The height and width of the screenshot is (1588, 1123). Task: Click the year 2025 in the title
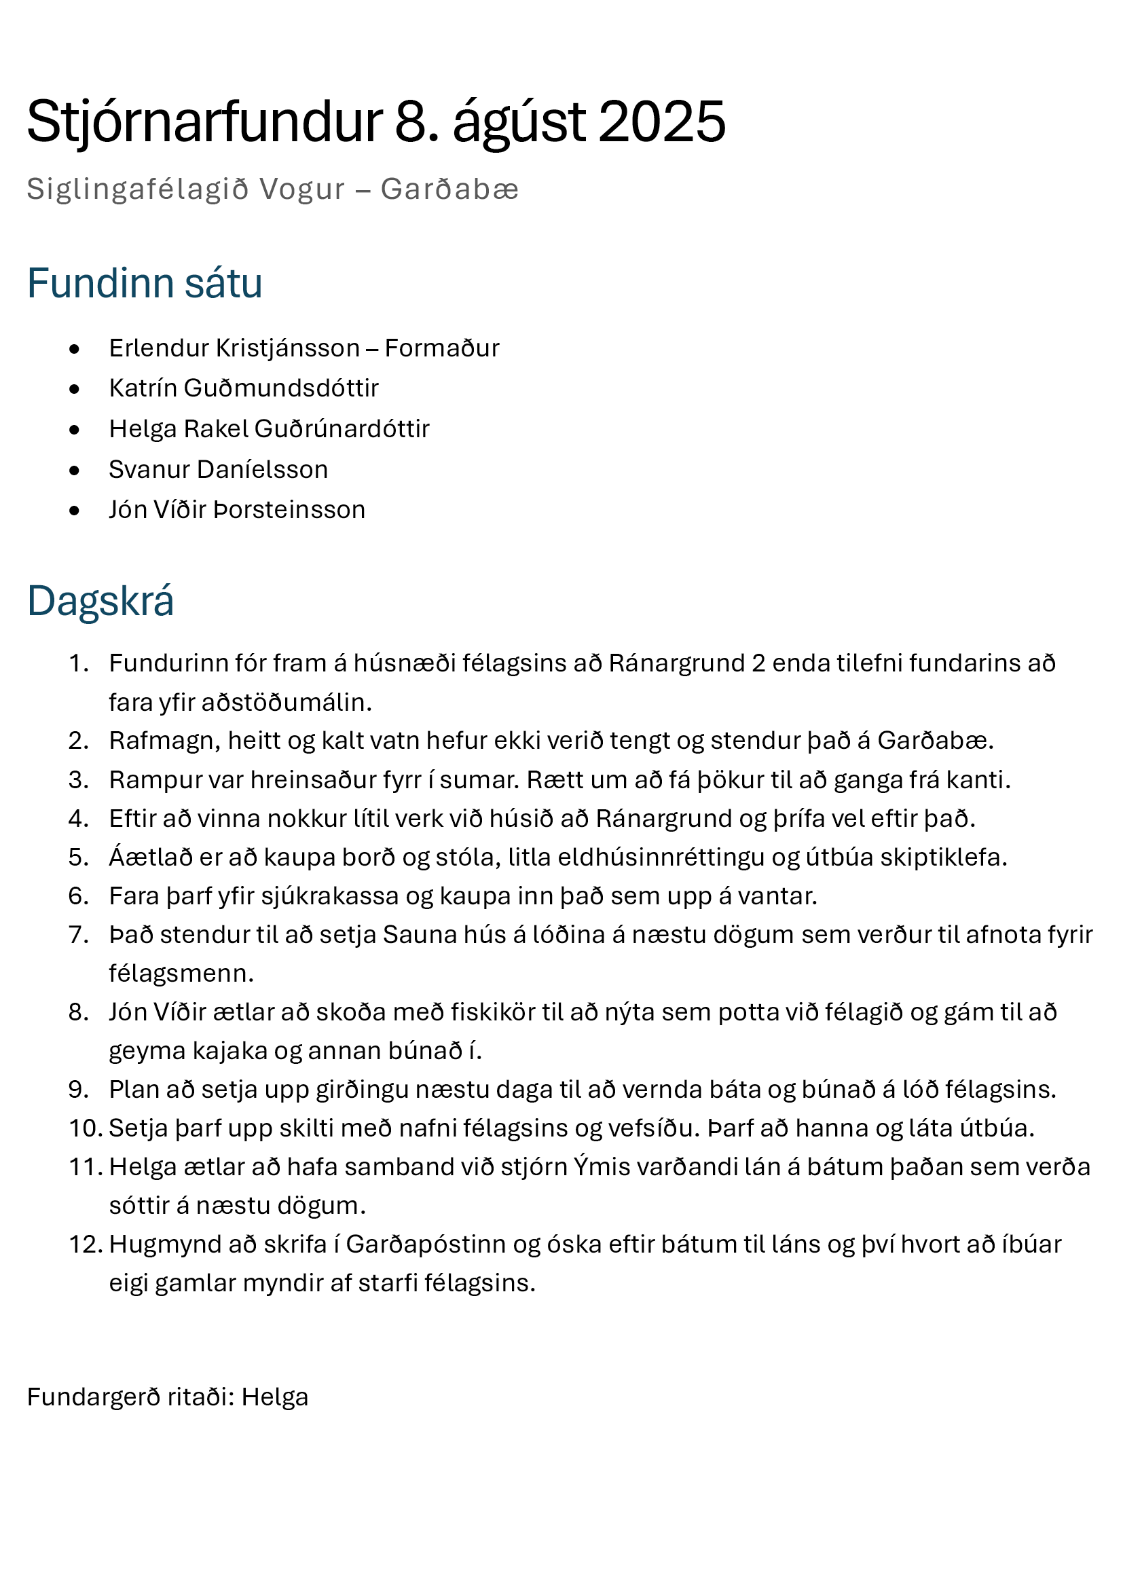pos(662,122)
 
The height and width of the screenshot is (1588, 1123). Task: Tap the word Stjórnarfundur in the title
pos(204,122)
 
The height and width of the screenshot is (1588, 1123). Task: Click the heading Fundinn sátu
pos(145,283)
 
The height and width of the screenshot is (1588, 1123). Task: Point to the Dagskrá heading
pos(100,600)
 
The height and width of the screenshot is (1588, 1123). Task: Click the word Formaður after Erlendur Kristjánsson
pos(442,348)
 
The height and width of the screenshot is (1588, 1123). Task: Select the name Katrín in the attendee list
pos(143,388)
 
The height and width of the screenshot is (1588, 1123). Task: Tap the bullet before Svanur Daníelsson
pos(75,470)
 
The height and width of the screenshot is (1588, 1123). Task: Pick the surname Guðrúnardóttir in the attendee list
pos(342,429)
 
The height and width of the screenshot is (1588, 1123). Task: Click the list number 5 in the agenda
pos(78,857)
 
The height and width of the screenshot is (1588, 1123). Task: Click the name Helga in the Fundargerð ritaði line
pos(274,1397)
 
